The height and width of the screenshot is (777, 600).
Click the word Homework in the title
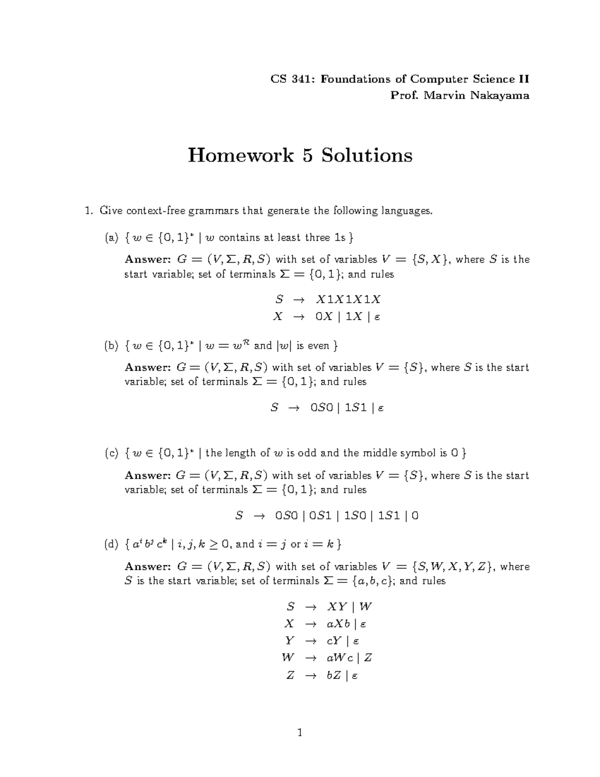(x=240, y=156)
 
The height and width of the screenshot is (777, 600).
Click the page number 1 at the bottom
(x=300, y=733)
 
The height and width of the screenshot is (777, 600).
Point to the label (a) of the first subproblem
(x=111, y=238)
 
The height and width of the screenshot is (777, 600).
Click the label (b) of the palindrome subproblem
(x=111, y=346)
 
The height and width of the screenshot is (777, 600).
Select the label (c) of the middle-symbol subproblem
(x=111, y=453)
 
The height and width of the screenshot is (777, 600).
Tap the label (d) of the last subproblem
(x=111, y=544)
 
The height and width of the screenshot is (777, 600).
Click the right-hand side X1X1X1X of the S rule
(x=348, y=300)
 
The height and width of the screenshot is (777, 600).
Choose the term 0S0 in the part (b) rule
(x=321, y=408)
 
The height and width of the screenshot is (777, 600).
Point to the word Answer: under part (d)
(x=147, y=567)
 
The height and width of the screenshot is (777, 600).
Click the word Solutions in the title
(x=366, y=156)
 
